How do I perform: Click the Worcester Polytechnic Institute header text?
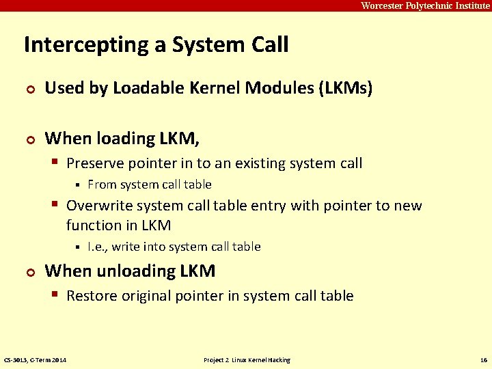click(425, 5)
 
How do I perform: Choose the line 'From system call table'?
click(150, 184)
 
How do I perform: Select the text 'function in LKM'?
click(118, 225)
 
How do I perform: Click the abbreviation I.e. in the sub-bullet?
click(97, 247)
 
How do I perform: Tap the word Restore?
click(92, 296)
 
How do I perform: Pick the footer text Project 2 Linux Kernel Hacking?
click(247, 360)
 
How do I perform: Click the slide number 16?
click(483, 360)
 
